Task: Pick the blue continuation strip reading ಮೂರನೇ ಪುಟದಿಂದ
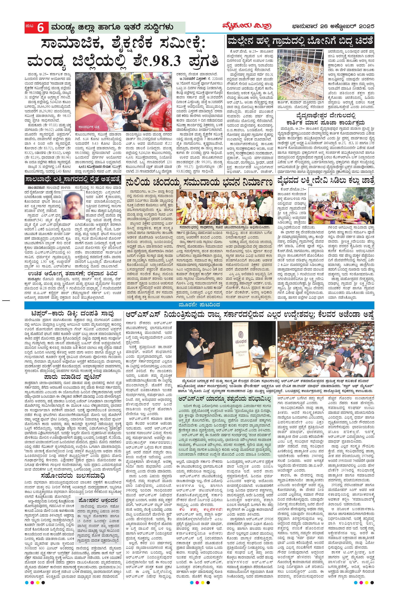pos(199,305)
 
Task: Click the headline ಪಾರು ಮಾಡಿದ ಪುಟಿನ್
pos(69,376)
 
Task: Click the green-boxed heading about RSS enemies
pos(221,398)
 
